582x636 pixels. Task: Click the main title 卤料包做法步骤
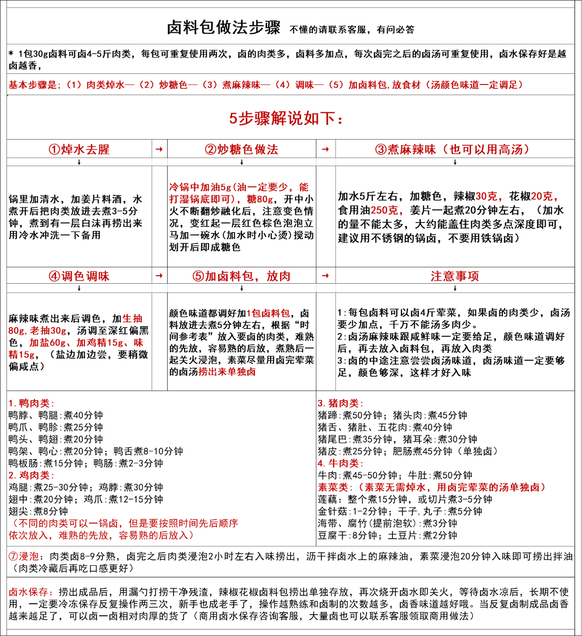pyautogui.click(x=224, y=28)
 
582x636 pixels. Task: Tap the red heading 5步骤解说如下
pyautogui.click(x=286, y=118)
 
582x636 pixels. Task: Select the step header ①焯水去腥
pyautogui.click(x=79, y=150)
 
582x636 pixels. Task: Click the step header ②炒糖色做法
pyautogui.click(x=242, y=150)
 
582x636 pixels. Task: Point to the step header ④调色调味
pyautogui.click(x=79, y=276)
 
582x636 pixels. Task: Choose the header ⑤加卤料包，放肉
pyautogui.click(x=242, y=276)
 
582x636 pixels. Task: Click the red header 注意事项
pyautogui.click(x=455, y=276)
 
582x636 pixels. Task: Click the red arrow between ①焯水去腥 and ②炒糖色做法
pyautogui.click(x=159, y=150)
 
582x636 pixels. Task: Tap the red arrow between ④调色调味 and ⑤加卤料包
pyautogui.click(x=159, y=276)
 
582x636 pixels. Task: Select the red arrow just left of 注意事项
pyautogui.click(x=325, y=276)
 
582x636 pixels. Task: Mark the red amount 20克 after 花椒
pyautogui.click(x=544, y=196)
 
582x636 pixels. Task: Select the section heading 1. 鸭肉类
pyautogui.click(x=31, y=403)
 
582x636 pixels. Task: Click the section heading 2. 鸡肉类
pyautogui.click(x=31, y=476)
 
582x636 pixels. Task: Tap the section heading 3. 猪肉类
pyautogui.click(x=340, y=403)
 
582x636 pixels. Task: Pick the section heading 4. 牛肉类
pyautogui.click(x=340, y=464)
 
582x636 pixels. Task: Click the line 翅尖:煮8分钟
pyautogui.click(x=38, y=511)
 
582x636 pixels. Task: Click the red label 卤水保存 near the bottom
pyautogui.click(x=28, y=592)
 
